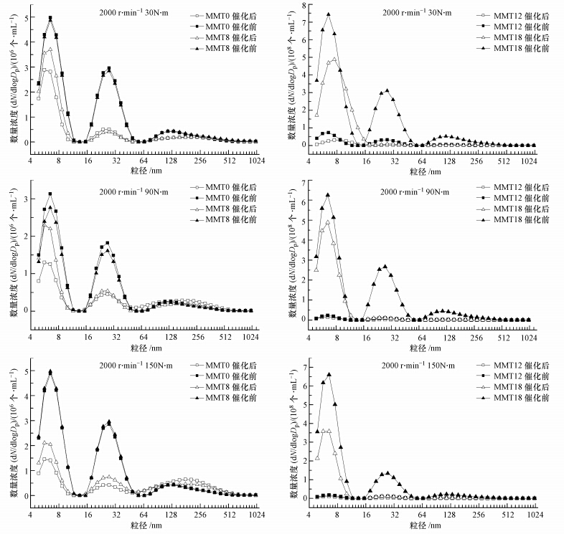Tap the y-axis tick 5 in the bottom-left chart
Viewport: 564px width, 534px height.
[x=25, y=371]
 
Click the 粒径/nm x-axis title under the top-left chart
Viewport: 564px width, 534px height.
[x=141, y=172]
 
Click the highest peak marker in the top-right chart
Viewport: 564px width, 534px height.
[x=328, y=14]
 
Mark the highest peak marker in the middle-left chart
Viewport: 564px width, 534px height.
[x=50, y=194]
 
